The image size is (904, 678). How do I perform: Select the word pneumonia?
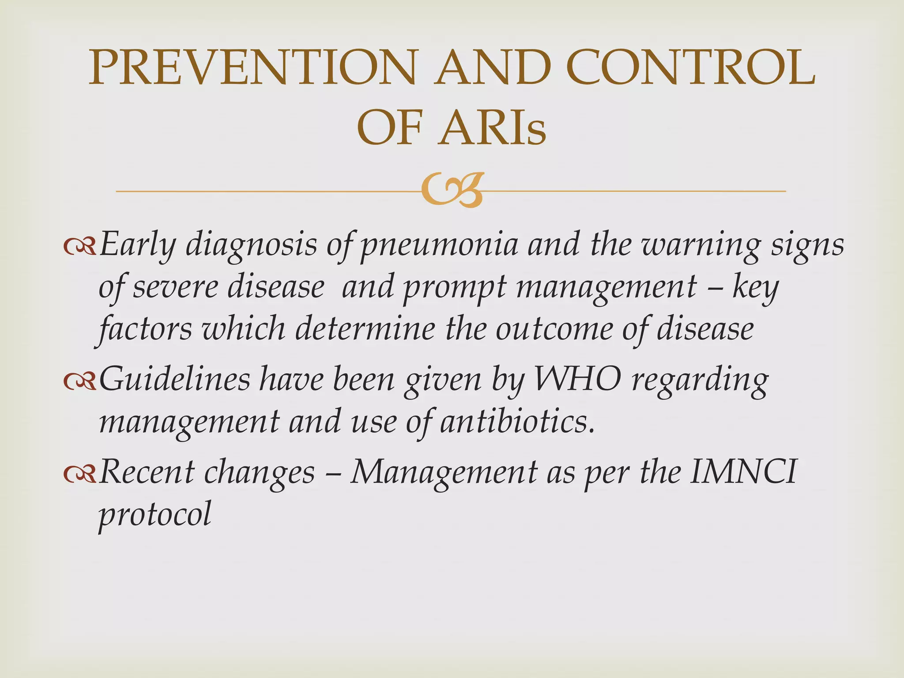coord(439,245)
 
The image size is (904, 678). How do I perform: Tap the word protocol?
coord(155,514)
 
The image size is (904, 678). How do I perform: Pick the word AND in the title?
coord(492,68)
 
